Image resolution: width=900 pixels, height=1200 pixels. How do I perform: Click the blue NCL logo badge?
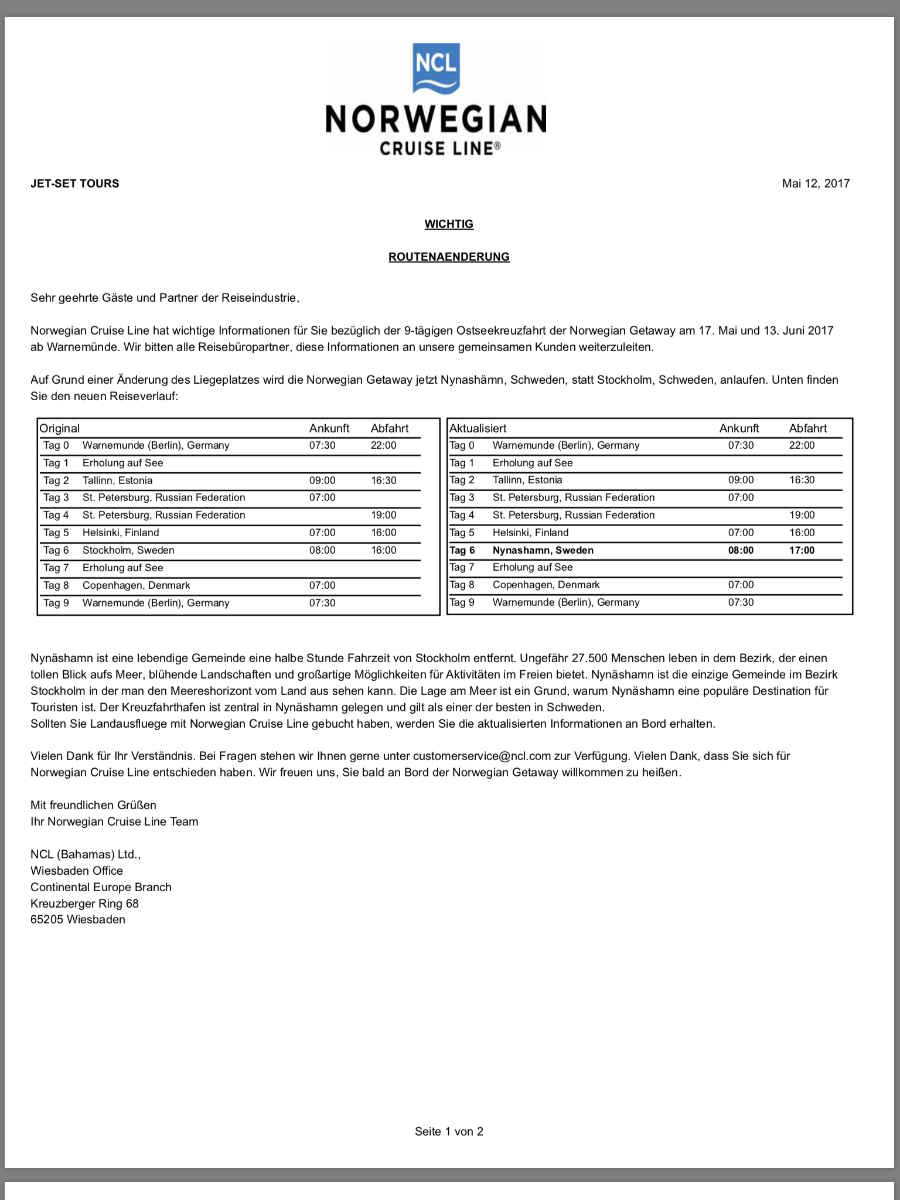click(436, 69)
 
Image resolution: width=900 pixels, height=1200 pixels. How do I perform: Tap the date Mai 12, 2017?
click(816, 183)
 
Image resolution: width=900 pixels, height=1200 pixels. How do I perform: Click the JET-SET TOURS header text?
click(75, 183)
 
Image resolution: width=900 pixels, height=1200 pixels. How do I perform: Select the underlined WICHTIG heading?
click(449, 224)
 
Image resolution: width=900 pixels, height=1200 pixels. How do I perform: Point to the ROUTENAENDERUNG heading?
click(449, 257)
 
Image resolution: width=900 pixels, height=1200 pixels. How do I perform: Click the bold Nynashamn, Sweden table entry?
click(543, 550)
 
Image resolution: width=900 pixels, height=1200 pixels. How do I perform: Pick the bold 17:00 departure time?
click(802, 550)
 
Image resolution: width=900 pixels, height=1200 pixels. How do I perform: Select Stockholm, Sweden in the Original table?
click(128, 550)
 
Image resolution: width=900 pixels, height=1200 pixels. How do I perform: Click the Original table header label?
click(60, 428)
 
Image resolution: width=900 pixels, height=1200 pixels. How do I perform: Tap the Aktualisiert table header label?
click(478, 428)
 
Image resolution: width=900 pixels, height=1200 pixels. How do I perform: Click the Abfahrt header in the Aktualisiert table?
click(808, 428)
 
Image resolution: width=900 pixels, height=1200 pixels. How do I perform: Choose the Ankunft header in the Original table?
click(329, 428)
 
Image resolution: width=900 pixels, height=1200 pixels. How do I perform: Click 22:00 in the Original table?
click(383, 445)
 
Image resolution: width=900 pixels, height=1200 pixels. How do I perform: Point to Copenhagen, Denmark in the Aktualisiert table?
click(546, 585)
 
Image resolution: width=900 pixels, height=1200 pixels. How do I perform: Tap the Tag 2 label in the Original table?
click(56, 480)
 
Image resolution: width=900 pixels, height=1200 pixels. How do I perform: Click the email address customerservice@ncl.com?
click(482, 756)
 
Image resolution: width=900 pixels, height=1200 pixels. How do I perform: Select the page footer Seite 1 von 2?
click(449, 1131)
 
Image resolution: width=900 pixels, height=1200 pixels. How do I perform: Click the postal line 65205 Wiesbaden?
click(78, 919)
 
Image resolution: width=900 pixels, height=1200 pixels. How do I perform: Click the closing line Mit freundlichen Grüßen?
click(94, 805)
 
